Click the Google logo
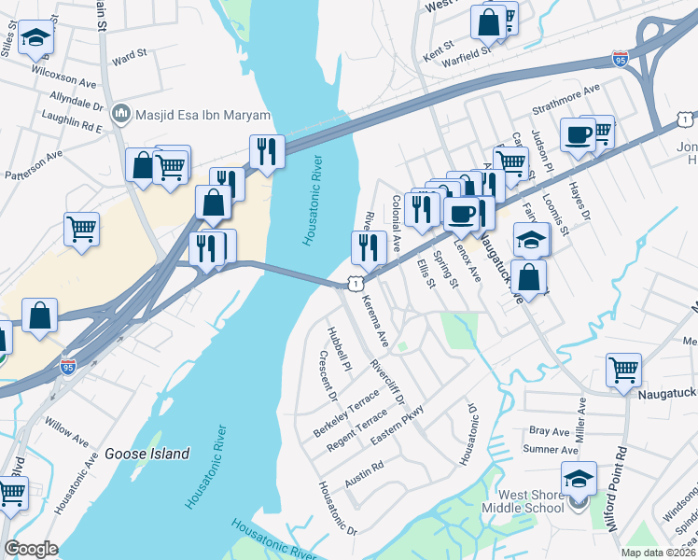[x=31, y=549]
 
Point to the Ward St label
[x=130, y=58]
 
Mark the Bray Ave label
[x=549, y=432]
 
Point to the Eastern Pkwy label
[x=398, y=425]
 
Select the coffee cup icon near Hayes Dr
[x=578, y=134]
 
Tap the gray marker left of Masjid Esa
[x=119, y=116]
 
